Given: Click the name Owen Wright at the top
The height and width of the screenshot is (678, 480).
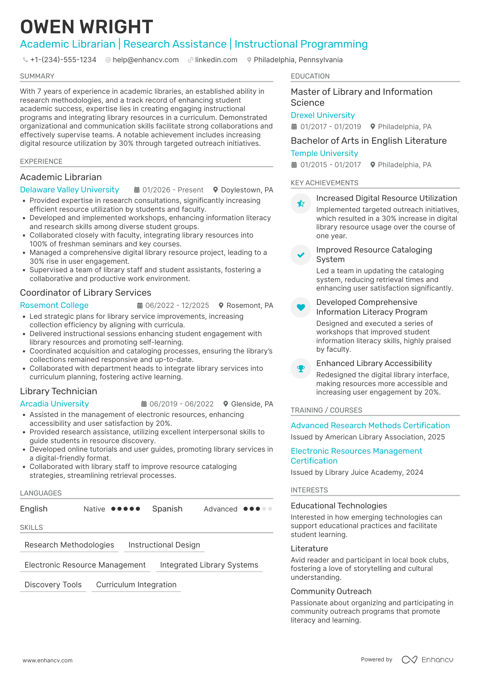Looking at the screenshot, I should (86, 27).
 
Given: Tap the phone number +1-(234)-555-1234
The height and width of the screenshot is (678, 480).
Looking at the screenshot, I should (63, 60).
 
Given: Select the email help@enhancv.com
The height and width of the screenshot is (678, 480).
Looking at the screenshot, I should (145, 60).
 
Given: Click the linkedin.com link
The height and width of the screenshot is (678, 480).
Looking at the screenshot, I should (216, 60).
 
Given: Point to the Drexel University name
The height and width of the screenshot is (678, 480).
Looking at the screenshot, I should (322, 115).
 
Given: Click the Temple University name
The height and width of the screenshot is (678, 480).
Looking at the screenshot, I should (324, 153).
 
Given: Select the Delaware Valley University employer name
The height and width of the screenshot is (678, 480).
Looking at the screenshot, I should (69, 190).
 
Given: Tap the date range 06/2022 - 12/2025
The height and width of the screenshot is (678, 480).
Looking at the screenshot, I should (177, 306).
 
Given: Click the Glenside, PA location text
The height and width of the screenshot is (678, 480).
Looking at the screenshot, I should (252, 404).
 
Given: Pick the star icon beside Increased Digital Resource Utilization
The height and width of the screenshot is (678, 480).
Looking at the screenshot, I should (301, 204).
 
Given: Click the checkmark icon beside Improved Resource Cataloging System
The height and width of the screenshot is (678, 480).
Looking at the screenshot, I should (301, 255).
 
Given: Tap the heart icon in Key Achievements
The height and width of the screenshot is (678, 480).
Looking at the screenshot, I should (301, 307).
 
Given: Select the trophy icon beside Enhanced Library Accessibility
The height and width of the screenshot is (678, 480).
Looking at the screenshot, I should (301, 368).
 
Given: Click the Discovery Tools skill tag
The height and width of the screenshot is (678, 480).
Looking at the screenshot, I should (53, 585).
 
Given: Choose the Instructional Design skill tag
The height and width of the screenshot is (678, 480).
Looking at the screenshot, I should (164, 545).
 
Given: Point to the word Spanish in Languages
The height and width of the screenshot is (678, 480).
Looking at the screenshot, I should (167, 509).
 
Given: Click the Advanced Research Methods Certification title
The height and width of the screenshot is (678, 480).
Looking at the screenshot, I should (370, 425).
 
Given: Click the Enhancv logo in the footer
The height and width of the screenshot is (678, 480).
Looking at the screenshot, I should (427, 660).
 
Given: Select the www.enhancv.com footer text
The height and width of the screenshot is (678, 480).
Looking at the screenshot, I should (48, 660).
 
